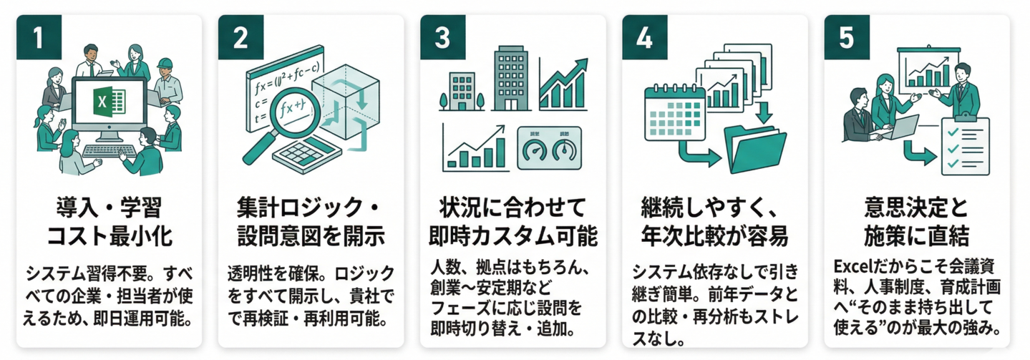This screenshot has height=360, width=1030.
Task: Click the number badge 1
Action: point(38,38)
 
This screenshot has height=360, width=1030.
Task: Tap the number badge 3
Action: point(442,38)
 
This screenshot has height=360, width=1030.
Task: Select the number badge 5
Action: point(847,38)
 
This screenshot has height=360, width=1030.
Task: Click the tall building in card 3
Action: point(510,78)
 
